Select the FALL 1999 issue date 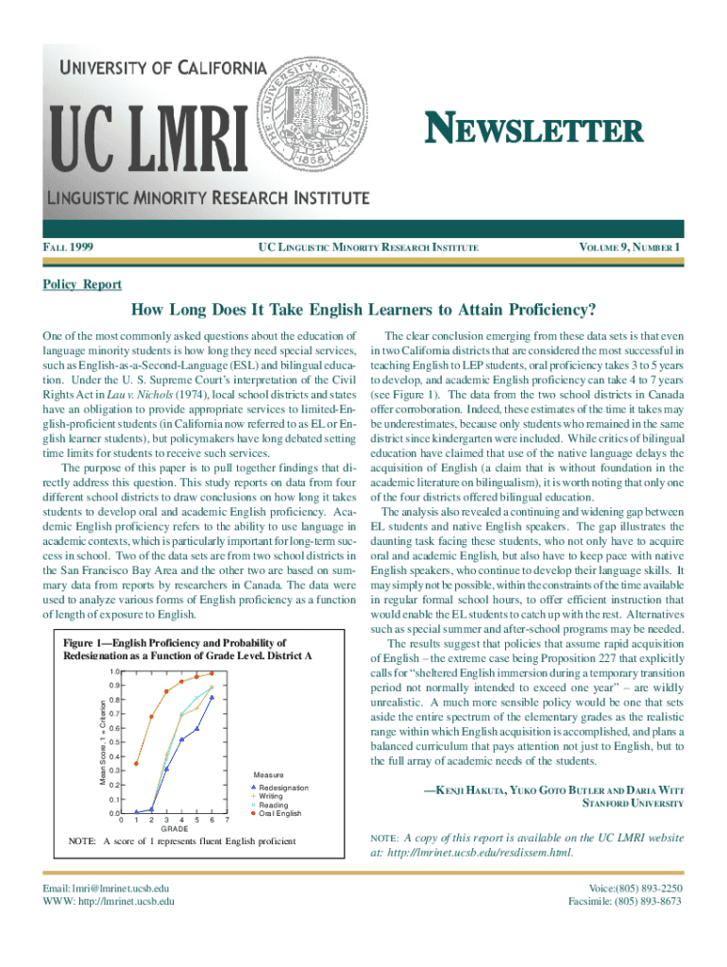tap(74, 248)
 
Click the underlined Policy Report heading tap(82, 284)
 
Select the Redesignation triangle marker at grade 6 tap(212, 698)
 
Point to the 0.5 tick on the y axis tap(112, 742)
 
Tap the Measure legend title tap(273, 772)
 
